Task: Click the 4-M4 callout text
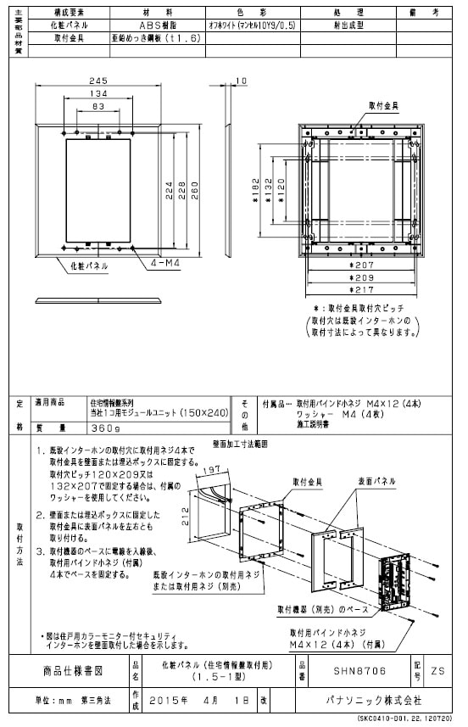tap(164, 264)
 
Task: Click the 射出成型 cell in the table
tap(345, 25)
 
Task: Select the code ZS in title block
tap(437, 670)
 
